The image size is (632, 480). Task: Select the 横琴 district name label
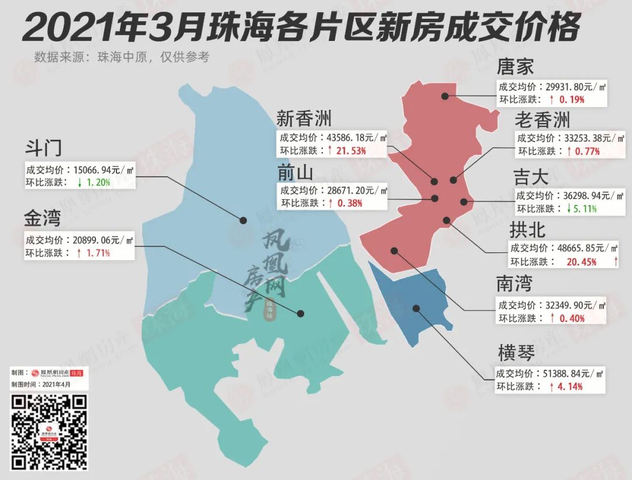[x=516, y=353]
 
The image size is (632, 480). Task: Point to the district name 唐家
[x=515, y=66]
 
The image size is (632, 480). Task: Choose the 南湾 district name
[x=515, y=284]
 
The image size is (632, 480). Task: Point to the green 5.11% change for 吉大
[x=592, y=208]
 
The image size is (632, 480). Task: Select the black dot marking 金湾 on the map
[x=301, y=313]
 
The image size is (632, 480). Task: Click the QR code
[x=50, y=432]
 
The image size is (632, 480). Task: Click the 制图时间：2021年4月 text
[x=41, y=385]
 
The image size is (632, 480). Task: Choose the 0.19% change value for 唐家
[x=572, y=100]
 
